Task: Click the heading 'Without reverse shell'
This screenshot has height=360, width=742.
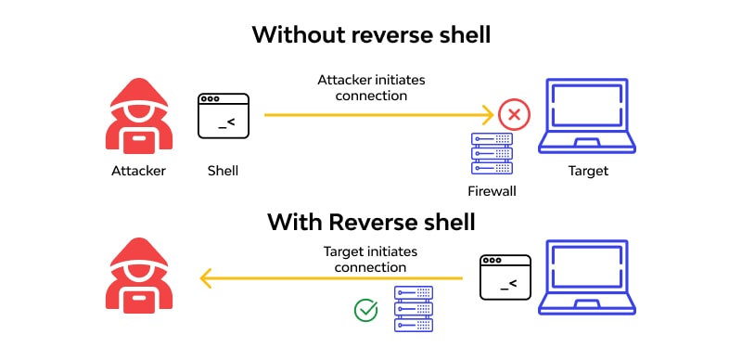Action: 371,35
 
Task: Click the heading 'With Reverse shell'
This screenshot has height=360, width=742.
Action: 371,223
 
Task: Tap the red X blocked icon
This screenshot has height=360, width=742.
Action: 512,116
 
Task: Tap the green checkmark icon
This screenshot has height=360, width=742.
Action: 366,310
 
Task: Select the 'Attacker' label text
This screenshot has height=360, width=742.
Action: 138,171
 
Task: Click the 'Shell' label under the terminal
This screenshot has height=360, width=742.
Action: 224,171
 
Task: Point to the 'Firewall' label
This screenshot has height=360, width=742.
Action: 492,191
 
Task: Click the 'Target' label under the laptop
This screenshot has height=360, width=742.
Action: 588,171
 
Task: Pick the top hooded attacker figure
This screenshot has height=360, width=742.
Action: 138,117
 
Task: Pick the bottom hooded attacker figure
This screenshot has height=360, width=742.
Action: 138,276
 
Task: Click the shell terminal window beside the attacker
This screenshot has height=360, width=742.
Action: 224,116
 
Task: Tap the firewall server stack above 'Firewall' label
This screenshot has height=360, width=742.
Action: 492,154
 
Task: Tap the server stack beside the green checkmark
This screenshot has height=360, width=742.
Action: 414,309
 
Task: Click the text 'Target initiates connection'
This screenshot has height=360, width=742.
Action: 370,259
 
